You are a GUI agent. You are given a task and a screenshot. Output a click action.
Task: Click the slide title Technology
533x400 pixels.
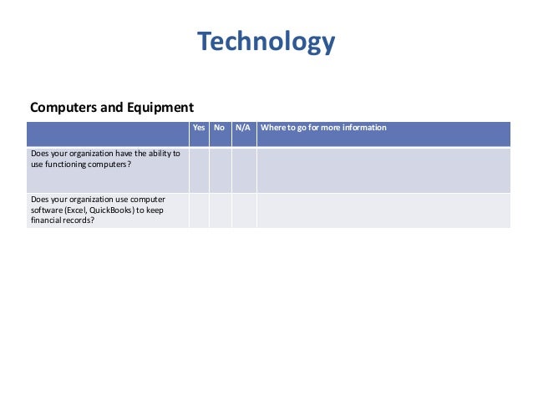click(x=266, y=41)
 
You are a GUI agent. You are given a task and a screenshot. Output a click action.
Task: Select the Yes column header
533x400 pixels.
click(x=199, y=128)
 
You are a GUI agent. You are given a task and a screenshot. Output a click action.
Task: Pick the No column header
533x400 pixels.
click(x=220, y=128)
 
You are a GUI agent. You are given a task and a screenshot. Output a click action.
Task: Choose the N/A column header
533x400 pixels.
click(x=243, y=128)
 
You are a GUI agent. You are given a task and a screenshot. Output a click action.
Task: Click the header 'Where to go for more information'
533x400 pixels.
click(x=323, y=128)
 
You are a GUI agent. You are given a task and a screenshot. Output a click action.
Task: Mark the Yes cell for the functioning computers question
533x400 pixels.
click(x=199, y=170)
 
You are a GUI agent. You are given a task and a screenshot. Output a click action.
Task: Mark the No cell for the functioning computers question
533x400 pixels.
click(x=220, y=170)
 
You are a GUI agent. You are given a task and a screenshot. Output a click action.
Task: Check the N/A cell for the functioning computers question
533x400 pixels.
click(x=243, y=170)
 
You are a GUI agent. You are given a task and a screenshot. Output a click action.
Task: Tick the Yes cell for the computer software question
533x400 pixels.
click(x=199, y=210)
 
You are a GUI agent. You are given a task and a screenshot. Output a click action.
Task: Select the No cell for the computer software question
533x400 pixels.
click(x=220, y=210)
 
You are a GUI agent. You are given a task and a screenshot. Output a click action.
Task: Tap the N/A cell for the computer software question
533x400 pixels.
click(x=243, y=210)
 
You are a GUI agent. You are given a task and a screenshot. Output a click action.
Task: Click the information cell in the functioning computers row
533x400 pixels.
click(x=383, y=170)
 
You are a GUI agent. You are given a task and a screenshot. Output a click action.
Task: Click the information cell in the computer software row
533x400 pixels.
click(x=383, y=210)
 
